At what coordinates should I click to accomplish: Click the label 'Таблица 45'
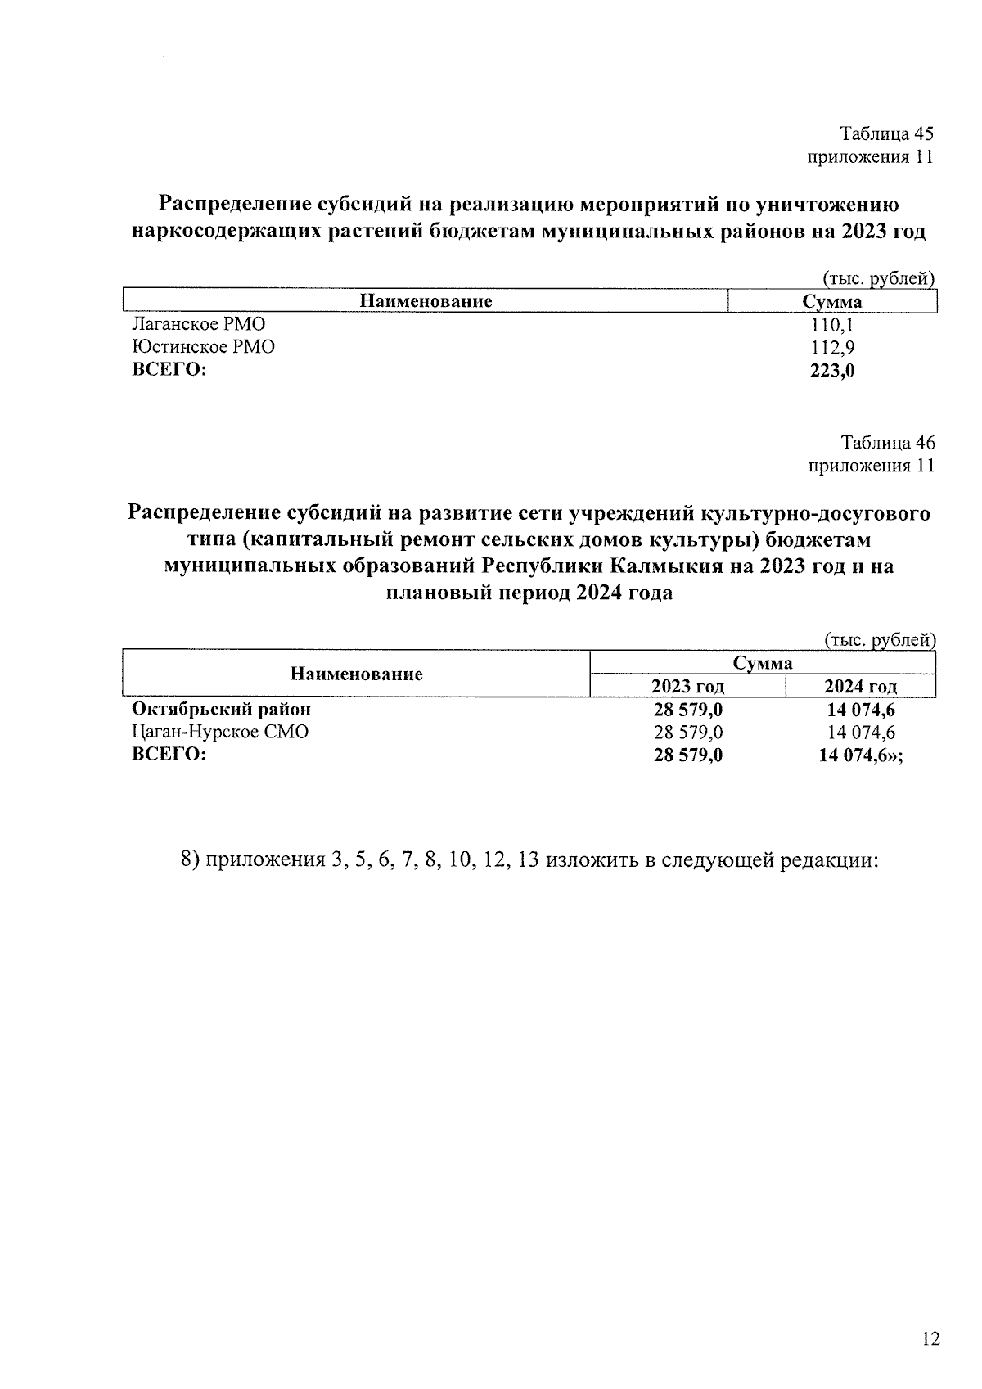click(887, 133)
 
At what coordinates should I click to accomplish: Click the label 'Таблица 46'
click(887, 443)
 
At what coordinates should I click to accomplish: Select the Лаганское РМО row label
click(199, 324)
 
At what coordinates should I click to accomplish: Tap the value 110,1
click(831, 324)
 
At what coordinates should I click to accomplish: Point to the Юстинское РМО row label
click(204, 347)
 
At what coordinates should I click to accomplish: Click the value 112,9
click(831, 347)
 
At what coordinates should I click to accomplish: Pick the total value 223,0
click(831, 370)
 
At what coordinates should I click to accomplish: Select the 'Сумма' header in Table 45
click(831, 301)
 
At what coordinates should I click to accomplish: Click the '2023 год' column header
click(687, 687)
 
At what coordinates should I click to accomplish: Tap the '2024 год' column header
click(860, 687)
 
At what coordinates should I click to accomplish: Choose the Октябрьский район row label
click(222, 709)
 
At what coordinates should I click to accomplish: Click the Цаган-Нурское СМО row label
click(220, 732)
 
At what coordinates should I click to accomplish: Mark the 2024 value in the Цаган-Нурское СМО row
click(861, 732)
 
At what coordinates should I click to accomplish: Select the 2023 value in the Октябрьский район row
click(687, 709)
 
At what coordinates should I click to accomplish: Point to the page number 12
click(930, 1339)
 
